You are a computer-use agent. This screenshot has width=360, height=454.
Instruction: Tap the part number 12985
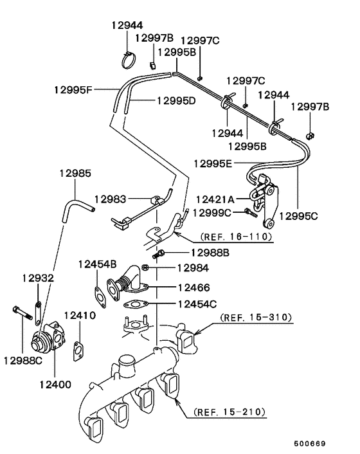[x=75, y=173]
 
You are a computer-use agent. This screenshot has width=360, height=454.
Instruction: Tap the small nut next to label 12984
[x=145, y=266]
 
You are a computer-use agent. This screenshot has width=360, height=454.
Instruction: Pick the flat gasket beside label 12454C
[x=136, y=304]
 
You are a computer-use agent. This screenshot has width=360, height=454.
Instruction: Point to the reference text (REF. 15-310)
[x=256, y=317]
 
